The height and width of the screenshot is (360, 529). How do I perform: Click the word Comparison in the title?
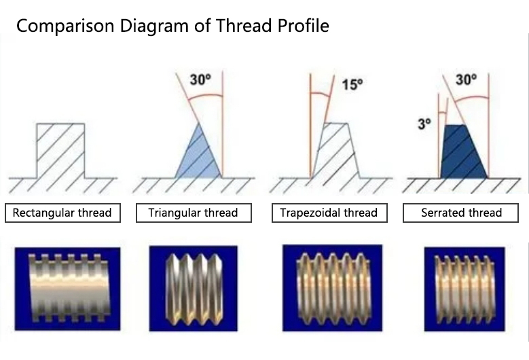65,26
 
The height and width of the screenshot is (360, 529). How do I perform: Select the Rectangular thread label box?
62,213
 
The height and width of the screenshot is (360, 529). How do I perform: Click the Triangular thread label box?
194,213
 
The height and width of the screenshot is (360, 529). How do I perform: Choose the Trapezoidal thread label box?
329,213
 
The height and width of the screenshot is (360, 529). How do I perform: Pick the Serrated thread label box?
460,213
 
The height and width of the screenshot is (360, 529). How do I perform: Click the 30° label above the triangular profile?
200,79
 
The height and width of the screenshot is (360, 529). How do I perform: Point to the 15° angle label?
352,84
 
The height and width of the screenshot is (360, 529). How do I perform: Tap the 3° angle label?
424,124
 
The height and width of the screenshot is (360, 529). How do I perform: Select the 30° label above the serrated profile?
467,79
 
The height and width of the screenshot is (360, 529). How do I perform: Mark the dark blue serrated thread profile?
463,152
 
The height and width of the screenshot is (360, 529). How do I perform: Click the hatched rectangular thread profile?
60,151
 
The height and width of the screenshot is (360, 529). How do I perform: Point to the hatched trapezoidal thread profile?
335,151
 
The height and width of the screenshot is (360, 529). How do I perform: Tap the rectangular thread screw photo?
67,289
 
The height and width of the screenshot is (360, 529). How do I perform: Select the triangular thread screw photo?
194,289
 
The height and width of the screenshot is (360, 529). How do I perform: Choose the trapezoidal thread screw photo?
332,288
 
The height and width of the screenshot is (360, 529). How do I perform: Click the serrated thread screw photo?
464,289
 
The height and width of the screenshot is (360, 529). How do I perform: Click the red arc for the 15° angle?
320,94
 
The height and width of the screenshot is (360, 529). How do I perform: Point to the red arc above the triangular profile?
205,96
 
